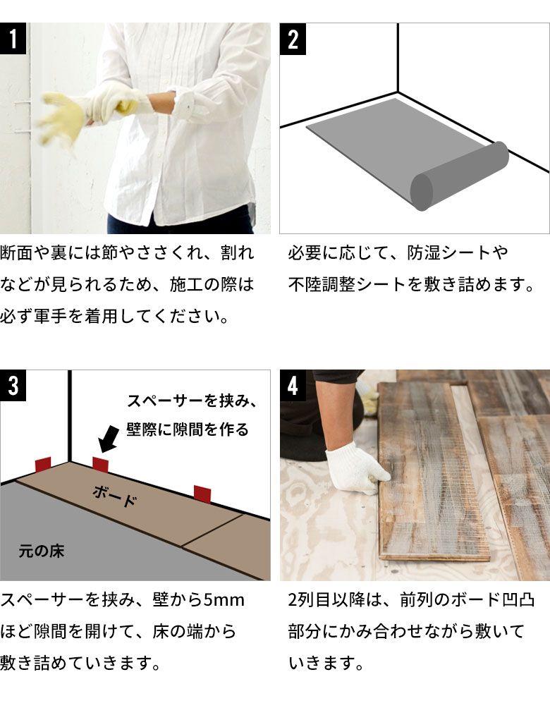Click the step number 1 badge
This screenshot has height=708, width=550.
coord(13,39)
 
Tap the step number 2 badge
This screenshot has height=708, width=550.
coord(293,39)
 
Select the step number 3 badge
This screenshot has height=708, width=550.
coord(13,386)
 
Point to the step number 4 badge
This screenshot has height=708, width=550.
coord(293,386)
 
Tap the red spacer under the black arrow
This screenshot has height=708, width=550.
coord(101,465)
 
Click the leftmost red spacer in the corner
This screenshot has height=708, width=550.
coord(43,465)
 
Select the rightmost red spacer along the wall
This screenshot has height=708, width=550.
coord(203,494)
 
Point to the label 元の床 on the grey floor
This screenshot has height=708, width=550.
coord(42,551)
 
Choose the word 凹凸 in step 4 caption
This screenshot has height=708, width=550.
coord(518,600)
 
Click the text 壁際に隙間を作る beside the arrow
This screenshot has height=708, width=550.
coord(188,429)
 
